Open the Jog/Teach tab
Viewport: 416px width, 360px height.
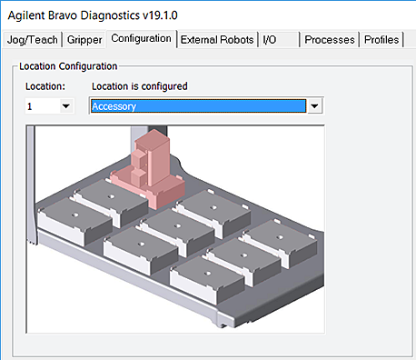point(33,40)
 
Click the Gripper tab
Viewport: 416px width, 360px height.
point(84,40)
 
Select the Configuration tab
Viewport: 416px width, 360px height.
point(141,38)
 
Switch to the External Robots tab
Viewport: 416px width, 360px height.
point(217,40)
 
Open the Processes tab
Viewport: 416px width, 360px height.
point(330,40)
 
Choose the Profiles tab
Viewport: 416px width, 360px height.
point(381,40)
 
